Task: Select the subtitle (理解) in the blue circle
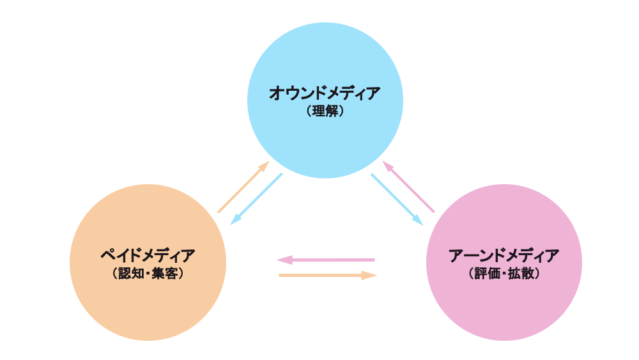(325, 111)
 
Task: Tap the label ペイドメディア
(148, 256)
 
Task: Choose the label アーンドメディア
(504, 256)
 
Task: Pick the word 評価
(487, 274)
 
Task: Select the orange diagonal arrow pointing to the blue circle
(243, 187)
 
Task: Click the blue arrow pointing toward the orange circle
(256, 198)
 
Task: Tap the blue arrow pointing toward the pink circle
(397, 199)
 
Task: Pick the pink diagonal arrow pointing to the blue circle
(408, 187)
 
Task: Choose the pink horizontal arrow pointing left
(325, 260)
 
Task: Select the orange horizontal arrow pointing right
(328, 276)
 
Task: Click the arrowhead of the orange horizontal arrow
(370, 276)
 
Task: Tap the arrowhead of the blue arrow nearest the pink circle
(417, 219)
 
